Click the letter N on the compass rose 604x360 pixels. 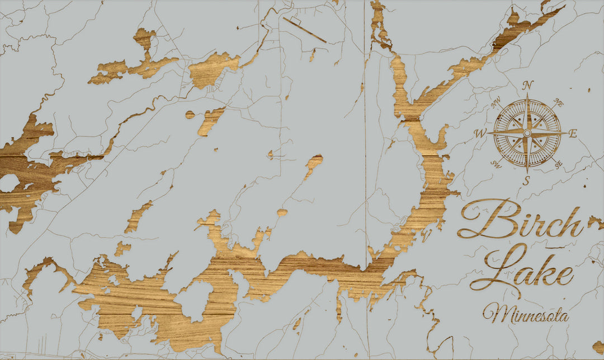(527, 86)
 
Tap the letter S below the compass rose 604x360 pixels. (526, 180)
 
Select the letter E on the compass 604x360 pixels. (573, 133)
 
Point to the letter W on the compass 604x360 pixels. (480, 134)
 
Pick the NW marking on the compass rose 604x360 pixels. (496, 103)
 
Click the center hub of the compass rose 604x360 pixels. (527, 133)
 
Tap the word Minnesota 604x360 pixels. (526, 314)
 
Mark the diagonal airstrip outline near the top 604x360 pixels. (304, 30)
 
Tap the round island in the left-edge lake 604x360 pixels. (8, 183)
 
